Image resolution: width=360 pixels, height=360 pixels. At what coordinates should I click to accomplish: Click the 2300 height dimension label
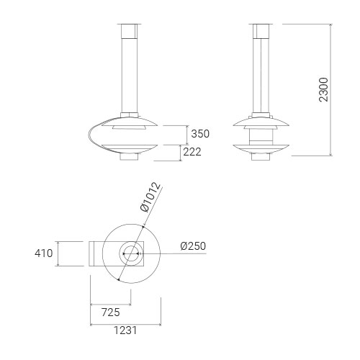[324, 89]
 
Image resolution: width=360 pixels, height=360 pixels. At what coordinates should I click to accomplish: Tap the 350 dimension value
[200, 134]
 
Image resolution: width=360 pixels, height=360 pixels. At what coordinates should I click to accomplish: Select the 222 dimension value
[192, 152]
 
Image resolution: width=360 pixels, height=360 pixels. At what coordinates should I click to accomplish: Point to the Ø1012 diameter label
[150, 197]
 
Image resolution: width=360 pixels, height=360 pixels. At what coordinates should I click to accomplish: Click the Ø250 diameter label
[193, 246]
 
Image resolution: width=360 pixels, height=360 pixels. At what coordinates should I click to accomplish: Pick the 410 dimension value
[43, 253]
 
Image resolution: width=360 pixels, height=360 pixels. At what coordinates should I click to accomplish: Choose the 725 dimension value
[110, 312]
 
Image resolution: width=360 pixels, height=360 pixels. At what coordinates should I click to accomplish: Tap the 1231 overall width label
[125, 330]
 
